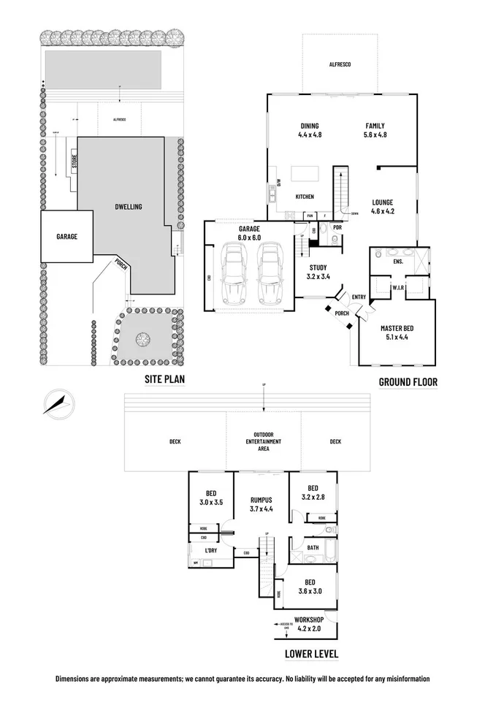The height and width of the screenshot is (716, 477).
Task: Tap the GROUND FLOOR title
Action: pos(408,382)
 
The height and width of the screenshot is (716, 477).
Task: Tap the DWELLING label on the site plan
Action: pos(128,207)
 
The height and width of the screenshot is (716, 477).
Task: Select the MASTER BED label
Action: pos(398,333)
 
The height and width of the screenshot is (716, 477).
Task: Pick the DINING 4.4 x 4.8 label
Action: pos(310,130)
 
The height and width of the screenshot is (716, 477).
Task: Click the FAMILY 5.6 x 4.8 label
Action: pos(375,130)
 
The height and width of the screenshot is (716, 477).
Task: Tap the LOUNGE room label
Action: pos(382,207)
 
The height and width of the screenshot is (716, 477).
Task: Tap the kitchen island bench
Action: pos(305,173)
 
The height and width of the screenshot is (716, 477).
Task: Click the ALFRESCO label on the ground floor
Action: pos(340,66)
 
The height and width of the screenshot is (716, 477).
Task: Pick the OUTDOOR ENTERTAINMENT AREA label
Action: pos(264,441)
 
